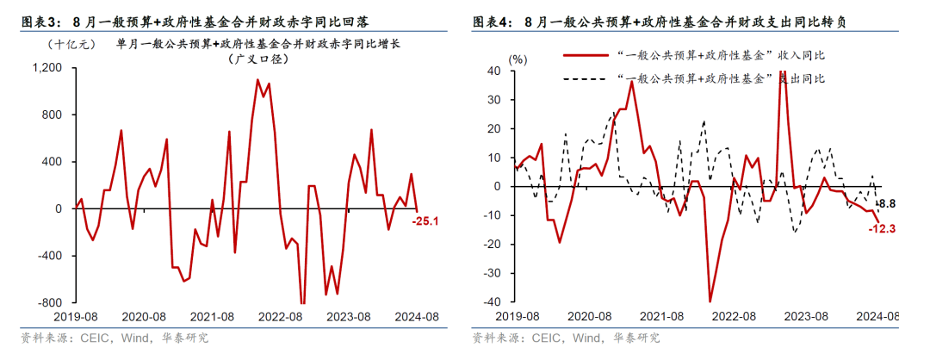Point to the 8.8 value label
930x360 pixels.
(x=887, y=203)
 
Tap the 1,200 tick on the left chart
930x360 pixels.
(x=46, y=68)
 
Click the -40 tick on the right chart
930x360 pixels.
(x=494, y=303)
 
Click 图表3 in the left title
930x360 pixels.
(x=33, y=20)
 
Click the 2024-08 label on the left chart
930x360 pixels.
(x=418, y=317)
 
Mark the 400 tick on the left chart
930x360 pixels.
(x=52, y=162)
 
